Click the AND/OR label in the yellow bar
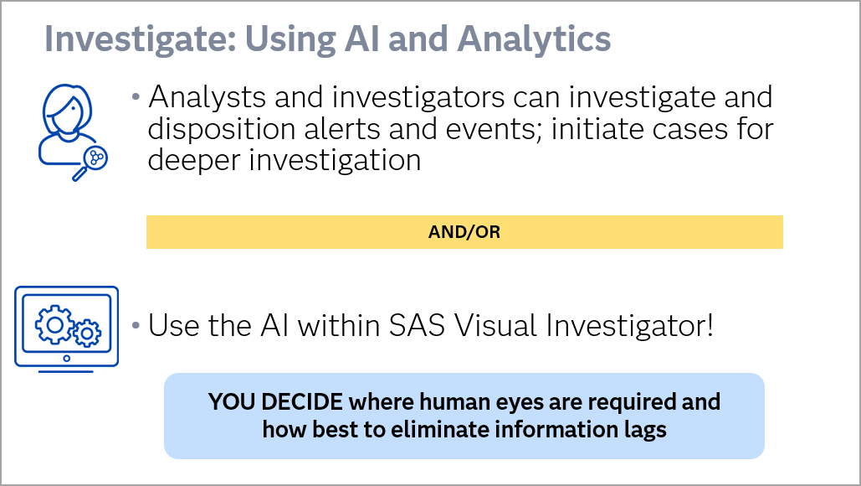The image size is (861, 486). (464, 233)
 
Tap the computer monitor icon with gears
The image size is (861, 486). (67, 327)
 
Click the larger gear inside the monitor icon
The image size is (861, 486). (52, 323)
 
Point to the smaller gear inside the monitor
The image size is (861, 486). (85, 334)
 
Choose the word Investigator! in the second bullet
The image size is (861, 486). (639, 325)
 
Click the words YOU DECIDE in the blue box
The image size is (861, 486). (276, 401)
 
